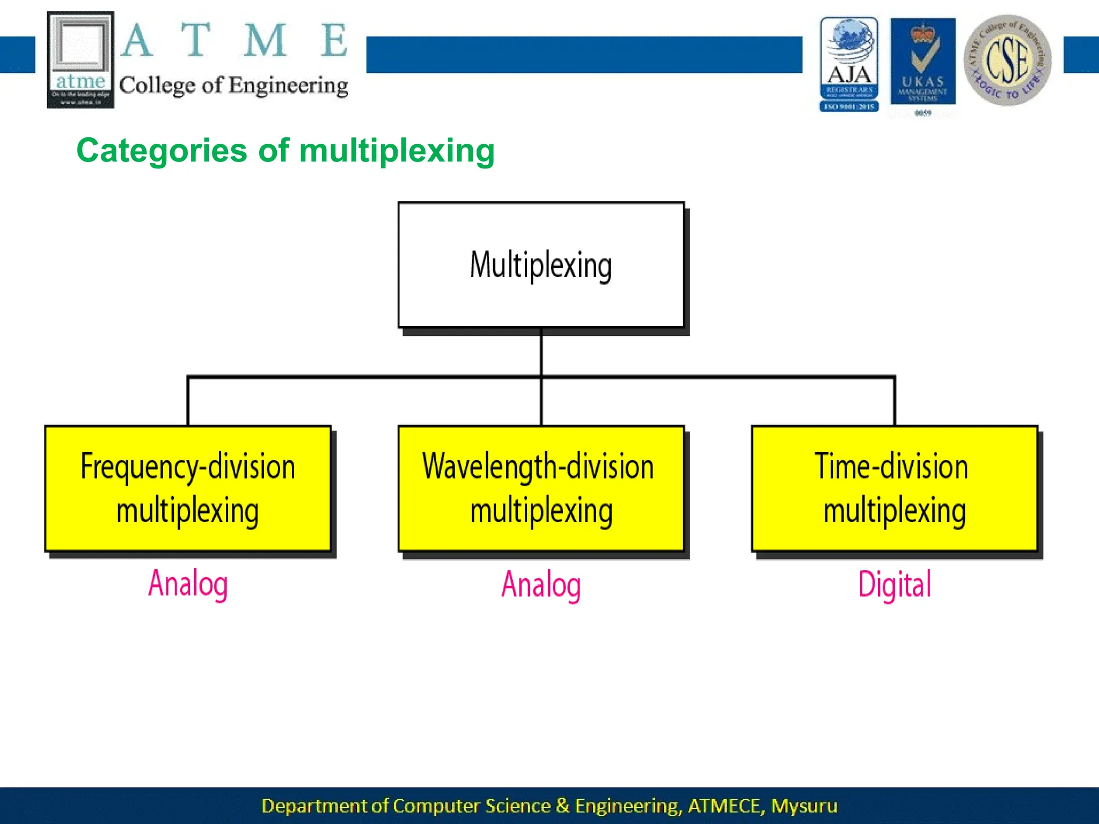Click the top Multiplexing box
pyautogui.click(x=541, y=265)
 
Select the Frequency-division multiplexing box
pyautogui.click(x=188, y=488)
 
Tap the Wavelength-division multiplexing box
pyautogui.click(x=541, y=488)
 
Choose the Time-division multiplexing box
pyautogui.click(x=895, y=488)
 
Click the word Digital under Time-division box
pyautogui.click(x=895, y=584)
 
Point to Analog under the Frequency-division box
pyautogui.click(x=188, y=584)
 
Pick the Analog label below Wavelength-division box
pyautogui.click(x=541, y=584)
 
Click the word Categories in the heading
pyautogui.click(x=162, y=151)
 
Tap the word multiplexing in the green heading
pyautogui.click(x=397, y=151)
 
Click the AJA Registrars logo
pyautogui.click(x=849, y=64)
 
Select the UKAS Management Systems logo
pyautogui.click(x=922, y=64)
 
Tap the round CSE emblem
pyautogui.click(x=1007, y=60)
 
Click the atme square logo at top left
pyautogui.click(x=80, y=60)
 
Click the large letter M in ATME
pyautogui.click(x=265, y=41)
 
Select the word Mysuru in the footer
pyautogui.click(x=804, y=806)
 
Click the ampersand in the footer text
pyautogui.click(x=562, y=806)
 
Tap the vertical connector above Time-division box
pyautogui.click(x=895, y=401)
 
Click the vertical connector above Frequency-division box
pyautogui.click(x=188, y=401)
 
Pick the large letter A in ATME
pyautogui.click(x=137, y=41)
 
